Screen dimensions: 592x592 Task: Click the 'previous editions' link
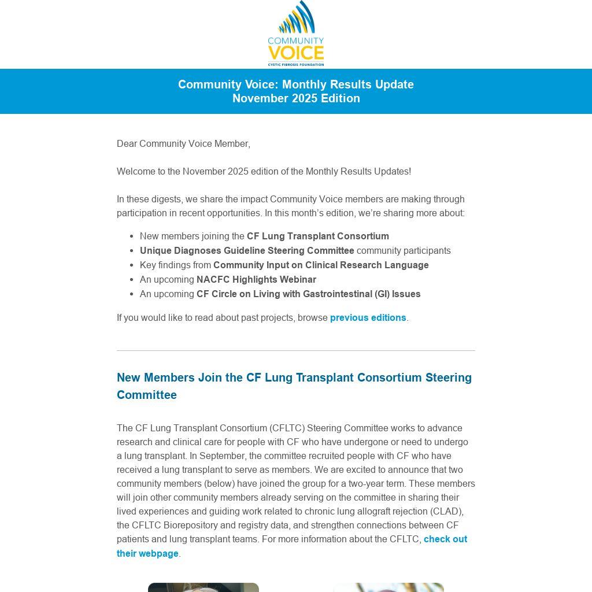(x=368, y=317)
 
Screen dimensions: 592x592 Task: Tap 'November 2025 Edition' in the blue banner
(x=296, y=98)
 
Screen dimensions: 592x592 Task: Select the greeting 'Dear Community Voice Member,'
(x=183, y=143)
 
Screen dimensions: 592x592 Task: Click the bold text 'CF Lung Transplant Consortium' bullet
(x=317, y=236)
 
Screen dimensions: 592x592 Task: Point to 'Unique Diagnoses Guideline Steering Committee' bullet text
(x=247, y=250)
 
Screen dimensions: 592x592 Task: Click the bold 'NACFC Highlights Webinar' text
(x=256, y=279)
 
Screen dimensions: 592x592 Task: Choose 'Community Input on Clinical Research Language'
(x=321, y=265)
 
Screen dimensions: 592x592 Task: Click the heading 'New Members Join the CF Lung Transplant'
(x=294, y=378)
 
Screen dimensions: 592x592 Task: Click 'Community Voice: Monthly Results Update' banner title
(x=296, y=84)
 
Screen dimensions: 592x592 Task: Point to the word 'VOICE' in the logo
(x=295, y=53)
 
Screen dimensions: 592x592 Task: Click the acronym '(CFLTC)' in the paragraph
(x=286, y=428)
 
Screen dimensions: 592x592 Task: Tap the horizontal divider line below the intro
(x=296, y=350)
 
